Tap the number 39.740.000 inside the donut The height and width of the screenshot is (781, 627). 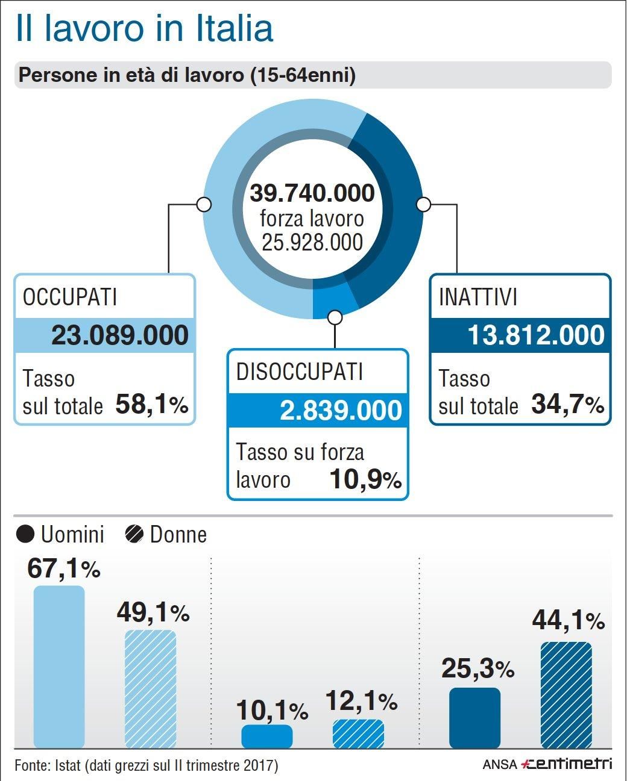[312, 193]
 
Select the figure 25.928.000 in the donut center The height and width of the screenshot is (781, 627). [312, 242]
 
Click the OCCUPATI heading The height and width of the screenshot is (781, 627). [70, 297]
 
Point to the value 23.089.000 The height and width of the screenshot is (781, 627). [120, 335]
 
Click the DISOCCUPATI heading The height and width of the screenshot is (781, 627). [300, 372]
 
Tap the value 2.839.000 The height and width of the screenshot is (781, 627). [341, 410]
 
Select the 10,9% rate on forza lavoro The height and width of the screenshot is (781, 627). [365, 479]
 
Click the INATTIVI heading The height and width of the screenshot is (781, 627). [478, 297]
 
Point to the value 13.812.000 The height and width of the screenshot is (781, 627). [536, 335]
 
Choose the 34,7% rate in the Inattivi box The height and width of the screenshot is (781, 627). [567, 405]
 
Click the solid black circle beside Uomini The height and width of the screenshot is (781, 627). [25, 534]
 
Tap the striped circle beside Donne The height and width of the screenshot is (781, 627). [134, 534]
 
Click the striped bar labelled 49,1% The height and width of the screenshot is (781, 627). [150, 689]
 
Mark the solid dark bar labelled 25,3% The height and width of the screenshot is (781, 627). [474, 718]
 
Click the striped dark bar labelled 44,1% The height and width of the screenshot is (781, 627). [566, 695]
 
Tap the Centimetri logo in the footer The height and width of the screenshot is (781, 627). [567, 764]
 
